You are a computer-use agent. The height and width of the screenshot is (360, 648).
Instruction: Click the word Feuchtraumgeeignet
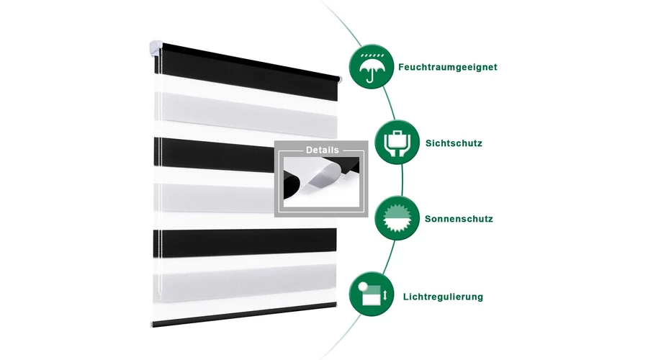click(448, 68)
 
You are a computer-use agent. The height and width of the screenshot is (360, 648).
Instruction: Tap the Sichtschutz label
click(454, 143)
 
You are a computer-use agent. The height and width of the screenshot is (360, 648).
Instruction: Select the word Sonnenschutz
click(459, 219)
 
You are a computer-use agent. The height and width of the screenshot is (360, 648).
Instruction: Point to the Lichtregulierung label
click(443, 297)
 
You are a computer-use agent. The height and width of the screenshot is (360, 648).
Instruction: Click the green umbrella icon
click(372, 66)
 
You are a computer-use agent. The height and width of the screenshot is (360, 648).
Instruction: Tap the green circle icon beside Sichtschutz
click(397, 142)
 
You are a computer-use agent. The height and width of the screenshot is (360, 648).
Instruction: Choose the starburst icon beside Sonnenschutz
click(397, 218)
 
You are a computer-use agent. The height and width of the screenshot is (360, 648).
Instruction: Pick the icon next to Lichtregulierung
click(372, 294)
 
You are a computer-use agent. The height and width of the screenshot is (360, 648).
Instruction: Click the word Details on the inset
click(323, 150)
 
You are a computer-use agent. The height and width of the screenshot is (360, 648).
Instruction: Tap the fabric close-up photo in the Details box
click(321, 182)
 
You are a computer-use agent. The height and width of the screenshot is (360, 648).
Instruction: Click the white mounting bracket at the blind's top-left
click(156, 49)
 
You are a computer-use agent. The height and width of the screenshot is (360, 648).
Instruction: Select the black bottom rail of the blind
click(244, 315)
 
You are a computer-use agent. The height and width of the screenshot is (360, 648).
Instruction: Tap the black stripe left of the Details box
click(214, 155)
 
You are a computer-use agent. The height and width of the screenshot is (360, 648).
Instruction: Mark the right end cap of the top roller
click(339, 80)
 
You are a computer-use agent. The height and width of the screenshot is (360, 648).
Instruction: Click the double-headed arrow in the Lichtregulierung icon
click(384, 295)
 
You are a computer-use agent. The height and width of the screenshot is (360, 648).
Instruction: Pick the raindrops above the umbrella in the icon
click(372, 55)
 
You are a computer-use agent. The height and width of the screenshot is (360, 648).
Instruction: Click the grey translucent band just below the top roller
click(246, 112)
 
